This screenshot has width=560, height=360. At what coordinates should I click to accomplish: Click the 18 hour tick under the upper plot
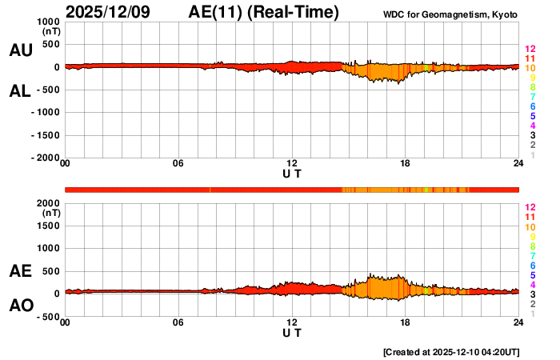point(406,164)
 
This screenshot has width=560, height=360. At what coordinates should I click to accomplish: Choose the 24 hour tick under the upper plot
point(518,164)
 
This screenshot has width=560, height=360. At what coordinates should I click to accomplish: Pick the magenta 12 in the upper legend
point(529,50)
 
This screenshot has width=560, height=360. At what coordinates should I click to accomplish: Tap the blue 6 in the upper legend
point(531,106)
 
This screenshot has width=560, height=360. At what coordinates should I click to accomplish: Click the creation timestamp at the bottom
point(451,352)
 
